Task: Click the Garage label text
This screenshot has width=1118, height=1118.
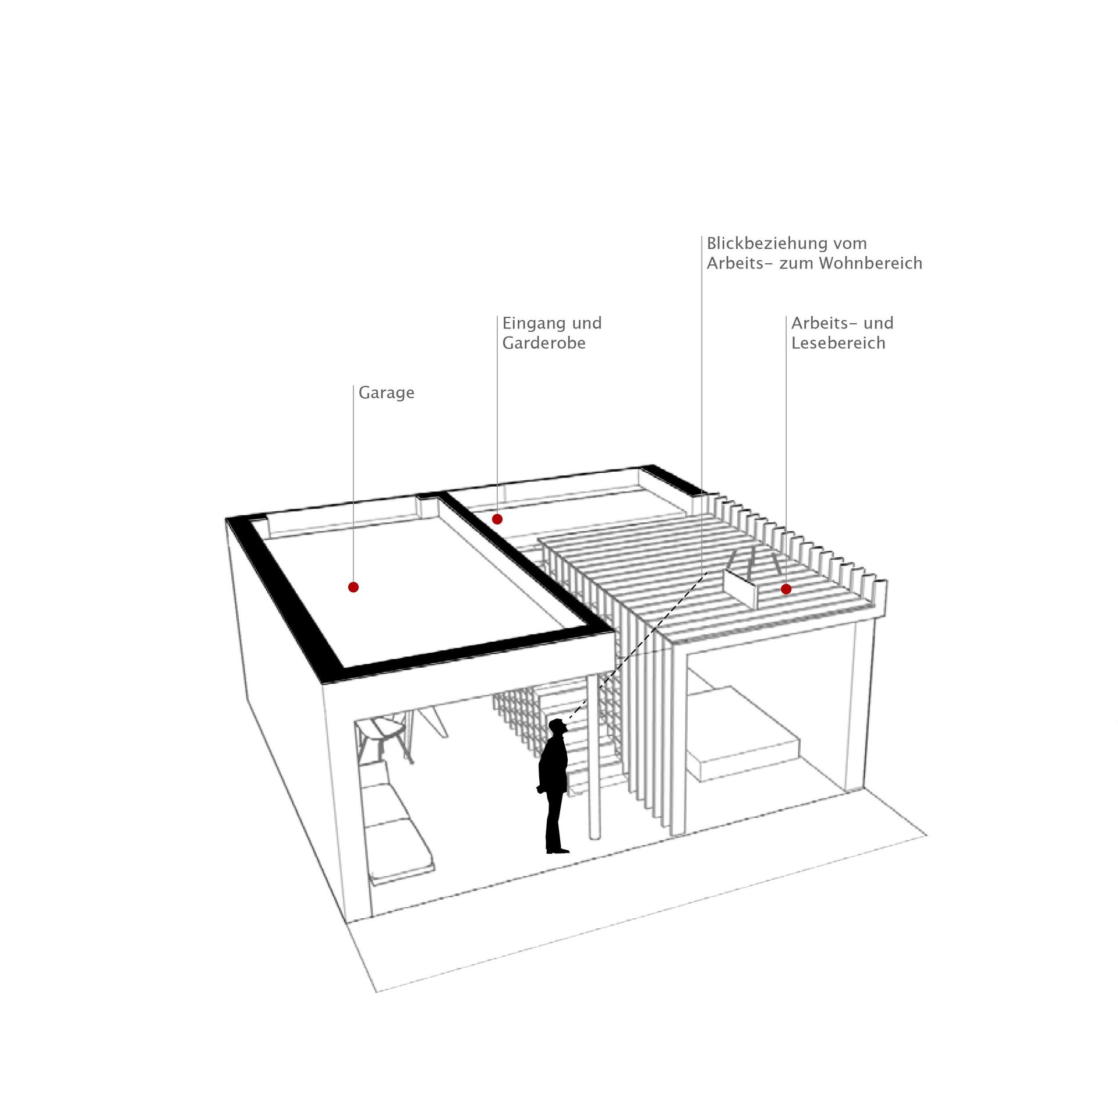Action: (x=386, y=393)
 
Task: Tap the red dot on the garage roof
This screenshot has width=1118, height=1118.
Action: (x=353, y=587)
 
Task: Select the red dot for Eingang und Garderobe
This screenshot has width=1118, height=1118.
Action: (x=497, y=519)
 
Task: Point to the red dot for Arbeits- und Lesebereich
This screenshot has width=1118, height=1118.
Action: (x=786, y=589)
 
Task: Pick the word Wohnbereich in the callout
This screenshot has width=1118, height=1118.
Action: (x=871, y=263)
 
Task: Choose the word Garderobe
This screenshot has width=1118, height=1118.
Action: (x=544, y=343)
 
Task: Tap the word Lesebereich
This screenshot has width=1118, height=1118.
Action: (x=838, y=343)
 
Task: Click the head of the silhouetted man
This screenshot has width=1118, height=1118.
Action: (x=558, y=727)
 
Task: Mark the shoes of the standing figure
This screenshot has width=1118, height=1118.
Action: (x=557, y=850)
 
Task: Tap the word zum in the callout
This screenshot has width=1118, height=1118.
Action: (x=797, y=264)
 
